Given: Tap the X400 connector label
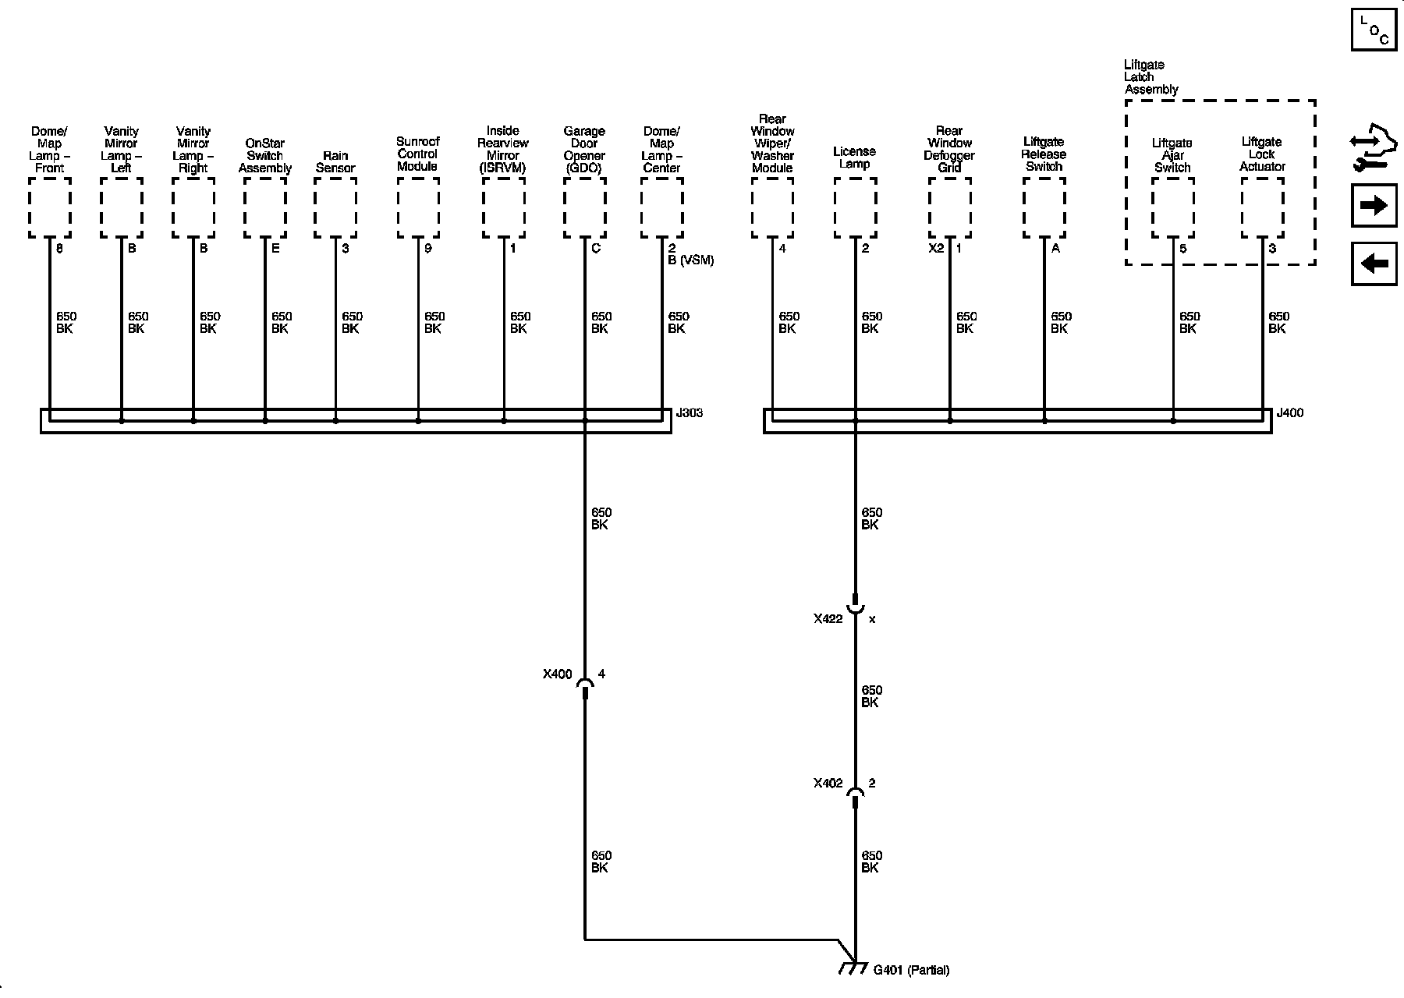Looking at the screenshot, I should tap(558, 674).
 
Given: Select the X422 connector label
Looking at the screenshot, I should tap(828, 619).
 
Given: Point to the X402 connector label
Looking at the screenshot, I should tap(828, 784).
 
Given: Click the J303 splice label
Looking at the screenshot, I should tap(690, 413).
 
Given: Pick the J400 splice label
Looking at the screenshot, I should tap(1289, 413).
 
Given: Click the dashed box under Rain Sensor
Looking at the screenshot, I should tap(335, 207).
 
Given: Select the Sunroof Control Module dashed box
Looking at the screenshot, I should tap(418, 207).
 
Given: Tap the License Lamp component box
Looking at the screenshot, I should tap(855, 207).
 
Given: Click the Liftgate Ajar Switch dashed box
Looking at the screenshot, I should tap(1173, 207).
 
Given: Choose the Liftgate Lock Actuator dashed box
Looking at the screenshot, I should tap(1262, 207).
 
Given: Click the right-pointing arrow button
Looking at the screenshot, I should tap(1374, 206).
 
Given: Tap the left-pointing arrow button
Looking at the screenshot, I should tap(1374, 264).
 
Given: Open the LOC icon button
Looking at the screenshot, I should tap(1374, 30).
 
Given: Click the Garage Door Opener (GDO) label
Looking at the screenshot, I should tap(584, 150).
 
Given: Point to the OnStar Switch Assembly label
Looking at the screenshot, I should tap(265, 156).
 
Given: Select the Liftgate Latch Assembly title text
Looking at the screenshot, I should tap(1150, 77).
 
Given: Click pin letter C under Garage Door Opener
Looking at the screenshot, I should tap(596, 249).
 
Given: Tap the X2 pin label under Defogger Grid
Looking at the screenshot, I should tap(936, 249).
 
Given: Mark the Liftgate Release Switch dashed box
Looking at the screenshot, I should tap(1044, 207).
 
